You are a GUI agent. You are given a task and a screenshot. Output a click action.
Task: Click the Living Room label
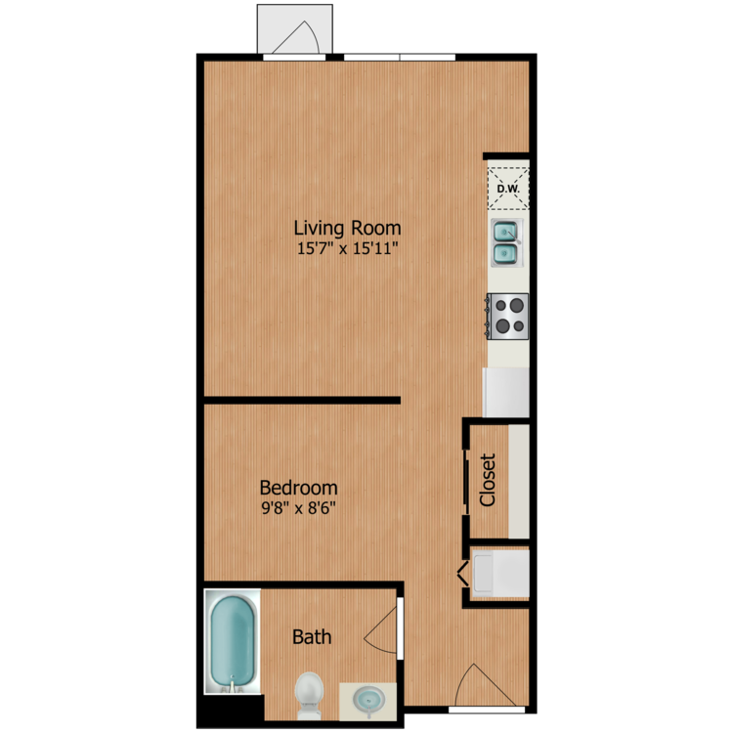click(347, 228)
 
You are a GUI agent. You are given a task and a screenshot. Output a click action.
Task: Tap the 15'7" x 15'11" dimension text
click(347, 248)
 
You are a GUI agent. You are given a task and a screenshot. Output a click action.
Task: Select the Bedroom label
click(299, 488)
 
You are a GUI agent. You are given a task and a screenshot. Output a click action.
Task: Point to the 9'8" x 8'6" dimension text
click(299, 507)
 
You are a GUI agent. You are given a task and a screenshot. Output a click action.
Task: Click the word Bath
click(312, 636)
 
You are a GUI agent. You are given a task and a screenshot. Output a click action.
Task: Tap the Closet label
click(488, 480)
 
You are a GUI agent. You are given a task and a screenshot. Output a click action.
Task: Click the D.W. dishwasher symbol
click(508, 189)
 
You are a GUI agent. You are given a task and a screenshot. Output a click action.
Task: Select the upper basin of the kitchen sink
click(505, 232)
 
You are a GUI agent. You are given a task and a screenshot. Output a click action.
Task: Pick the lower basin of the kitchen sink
click(505, 254)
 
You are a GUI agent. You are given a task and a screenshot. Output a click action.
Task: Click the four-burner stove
click(508, 317)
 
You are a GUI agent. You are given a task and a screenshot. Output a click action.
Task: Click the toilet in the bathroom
click(310, 696)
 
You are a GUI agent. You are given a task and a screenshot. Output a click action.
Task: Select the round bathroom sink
click(368, 701)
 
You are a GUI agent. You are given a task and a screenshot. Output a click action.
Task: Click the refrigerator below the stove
click(506, 392)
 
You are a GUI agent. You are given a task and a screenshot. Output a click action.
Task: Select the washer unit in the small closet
click(500, 573)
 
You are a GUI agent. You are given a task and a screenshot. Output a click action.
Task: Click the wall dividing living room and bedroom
click(302, 400)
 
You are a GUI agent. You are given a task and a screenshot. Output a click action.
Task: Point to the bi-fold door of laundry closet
click(463, 574)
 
